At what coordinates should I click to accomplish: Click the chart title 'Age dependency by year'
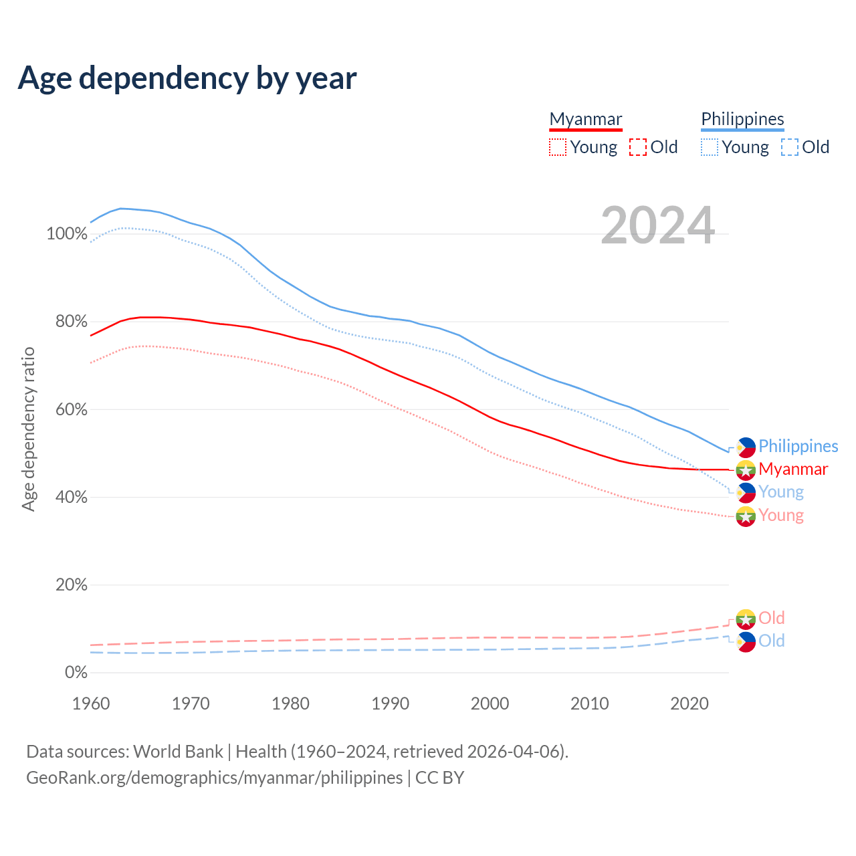(187, 78)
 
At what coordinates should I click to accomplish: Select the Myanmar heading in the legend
(586, 119)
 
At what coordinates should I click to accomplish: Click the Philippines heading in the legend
(742, 119)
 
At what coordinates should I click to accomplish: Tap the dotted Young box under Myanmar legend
(558, 147)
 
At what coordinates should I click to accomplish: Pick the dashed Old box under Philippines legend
(790, 147)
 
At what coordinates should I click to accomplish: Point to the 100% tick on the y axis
(67, 234)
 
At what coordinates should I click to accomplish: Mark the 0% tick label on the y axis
(76, 673)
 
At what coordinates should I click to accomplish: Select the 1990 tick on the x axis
(391, 704)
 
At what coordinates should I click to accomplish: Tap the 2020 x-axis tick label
(689, 704)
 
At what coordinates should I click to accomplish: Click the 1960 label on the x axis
(91, 704)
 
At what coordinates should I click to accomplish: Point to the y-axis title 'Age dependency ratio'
(28, 429)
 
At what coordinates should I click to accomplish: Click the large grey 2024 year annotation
(658, 225)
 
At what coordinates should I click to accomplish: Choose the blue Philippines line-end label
(798, 446)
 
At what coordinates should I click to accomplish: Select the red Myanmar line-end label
(793, 469)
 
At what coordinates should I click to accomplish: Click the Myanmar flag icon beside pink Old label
(746, 619)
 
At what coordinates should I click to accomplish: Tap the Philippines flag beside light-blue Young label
(746, 493)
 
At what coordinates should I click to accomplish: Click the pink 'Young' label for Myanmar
(781, 515)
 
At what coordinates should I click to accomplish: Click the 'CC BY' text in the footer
(439, 778)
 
